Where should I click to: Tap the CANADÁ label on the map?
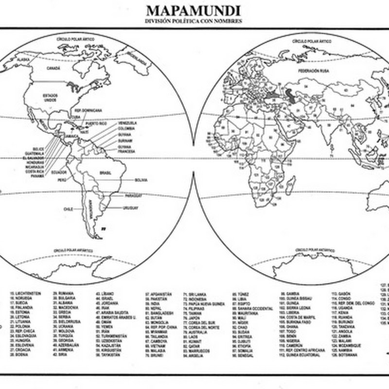53,69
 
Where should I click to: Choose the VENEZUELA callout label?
127,124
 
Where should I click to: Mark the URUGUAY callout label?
131,208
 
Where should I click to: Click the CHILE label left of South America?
68,209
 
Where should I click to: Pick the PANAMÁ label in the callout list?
37,176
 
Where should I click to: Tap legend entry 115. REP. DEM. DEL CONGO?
351,303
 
